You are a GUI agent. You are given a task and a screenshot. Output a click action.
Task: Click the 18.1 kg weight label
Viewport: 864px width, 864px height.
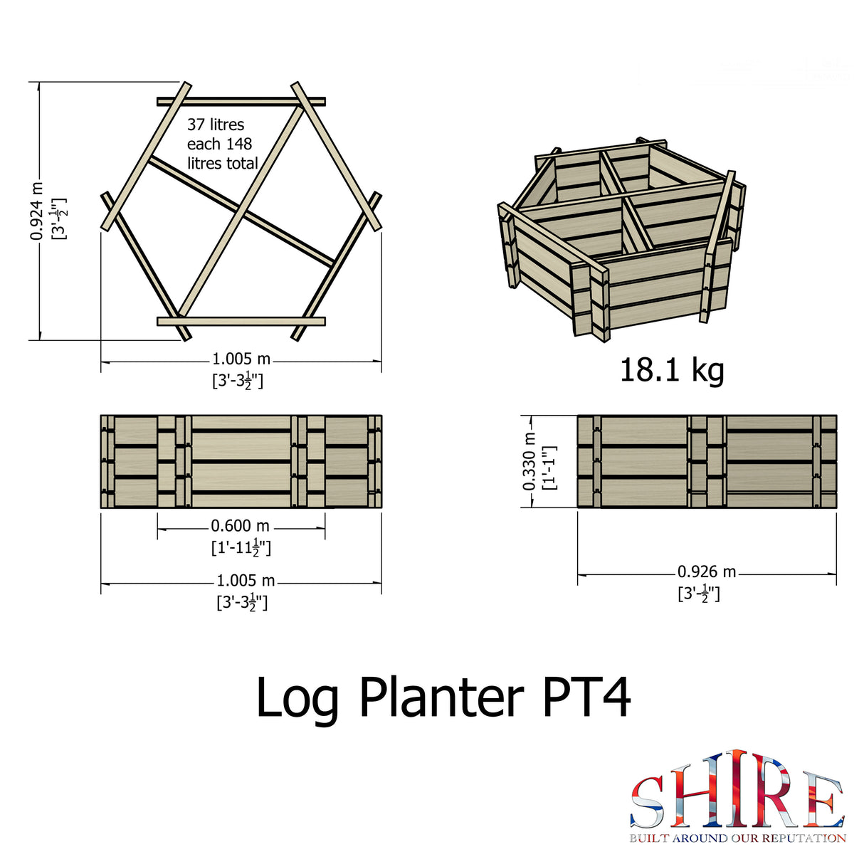point(672,370)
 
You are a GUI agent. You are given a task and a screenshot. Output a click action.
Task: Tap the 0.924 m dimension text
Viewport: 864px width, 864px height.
point(36,211)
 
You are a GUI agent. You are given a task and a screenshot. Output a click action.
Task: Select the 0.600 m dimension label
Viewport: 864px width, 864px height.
point(241,527)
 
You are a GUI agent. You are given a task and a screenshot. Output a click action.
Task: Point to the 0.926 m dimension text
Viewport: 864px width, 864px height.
point(706,572)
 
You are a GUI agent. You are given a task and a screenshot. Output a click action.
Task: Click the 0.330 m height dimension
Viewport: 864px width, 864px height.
point(529,461)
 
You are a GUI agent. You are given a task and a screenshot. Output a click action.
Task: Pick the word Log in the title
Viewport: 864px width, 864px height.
point(297,699)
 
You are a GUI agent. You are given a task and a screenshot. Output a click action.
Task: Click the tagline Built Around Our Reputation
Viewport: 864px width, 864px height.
point(737,838)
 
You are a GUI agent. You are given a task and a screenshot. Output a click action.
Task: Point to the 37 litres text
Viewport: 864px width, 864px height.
point(216,125)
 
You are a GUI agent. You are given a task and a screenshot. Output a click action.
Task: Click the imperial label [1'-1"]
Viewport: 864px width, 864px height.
point(549,468)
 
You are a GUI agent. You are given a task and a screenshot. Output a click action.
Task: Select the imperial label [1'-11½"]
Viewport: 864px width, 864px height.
point(241,548)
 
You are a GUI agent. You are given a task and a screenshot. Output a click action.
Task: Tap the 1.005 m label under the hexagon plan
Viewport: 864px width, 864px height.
point(241,359)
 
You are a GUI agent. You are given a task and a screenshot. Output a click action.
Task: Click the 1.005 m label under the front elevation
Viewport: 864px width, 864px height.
point(246,581)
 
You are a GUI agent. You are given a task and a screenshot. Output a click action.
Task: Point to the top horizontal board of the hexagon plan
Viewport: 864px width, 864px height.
point(241,101)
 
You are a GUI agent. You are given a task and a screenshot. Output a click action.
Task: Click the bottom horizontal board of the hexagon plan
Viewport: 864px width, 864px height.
point(241,322)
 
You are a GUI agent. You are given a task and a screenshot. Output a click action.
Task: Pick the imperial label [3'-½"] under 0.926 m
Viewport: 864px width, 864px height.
point(699,594)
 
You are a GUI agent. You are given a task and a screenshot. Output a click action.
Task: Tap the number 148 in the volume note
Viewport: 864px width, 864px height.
point(238,144)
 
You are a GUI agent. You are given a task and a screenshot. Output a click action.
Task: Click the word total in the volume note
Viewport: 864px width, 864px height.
point(242,164)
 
